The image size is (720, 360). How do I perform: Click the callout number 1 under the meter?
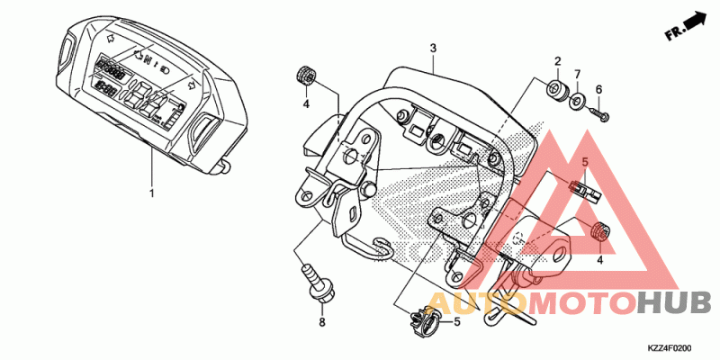152,193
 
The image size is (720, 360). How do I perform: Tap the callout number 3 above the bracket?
433,49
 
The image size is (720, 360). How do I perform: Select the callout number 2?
557,61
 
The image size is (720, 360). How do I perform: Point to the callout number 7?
577,74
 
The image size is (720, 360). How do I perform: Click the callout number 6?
598,89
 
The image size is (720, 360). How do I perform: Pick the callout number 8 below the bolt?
322,322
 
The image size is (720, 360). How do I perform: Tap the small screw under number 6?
598,113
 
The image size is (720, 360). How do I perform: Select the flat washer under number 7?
577,101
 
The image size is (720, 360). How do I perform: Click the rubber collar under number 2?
557,88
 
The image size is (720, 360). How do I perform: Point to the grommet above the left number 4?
304,76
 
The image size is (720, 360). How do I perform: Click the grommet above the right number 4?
599,230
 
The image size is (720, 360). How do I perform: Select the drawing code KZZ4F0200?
670,348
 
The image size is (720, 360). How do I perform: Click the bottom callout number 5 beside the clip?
457,322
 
